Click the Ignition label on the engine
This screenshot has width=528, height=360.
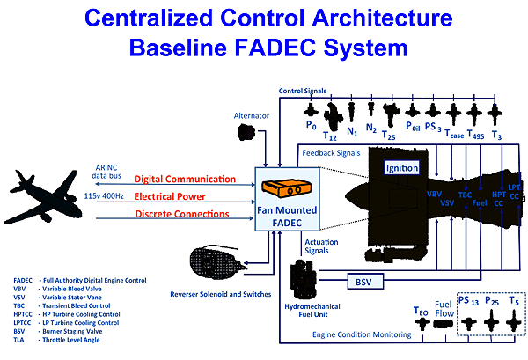[407, 167]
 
